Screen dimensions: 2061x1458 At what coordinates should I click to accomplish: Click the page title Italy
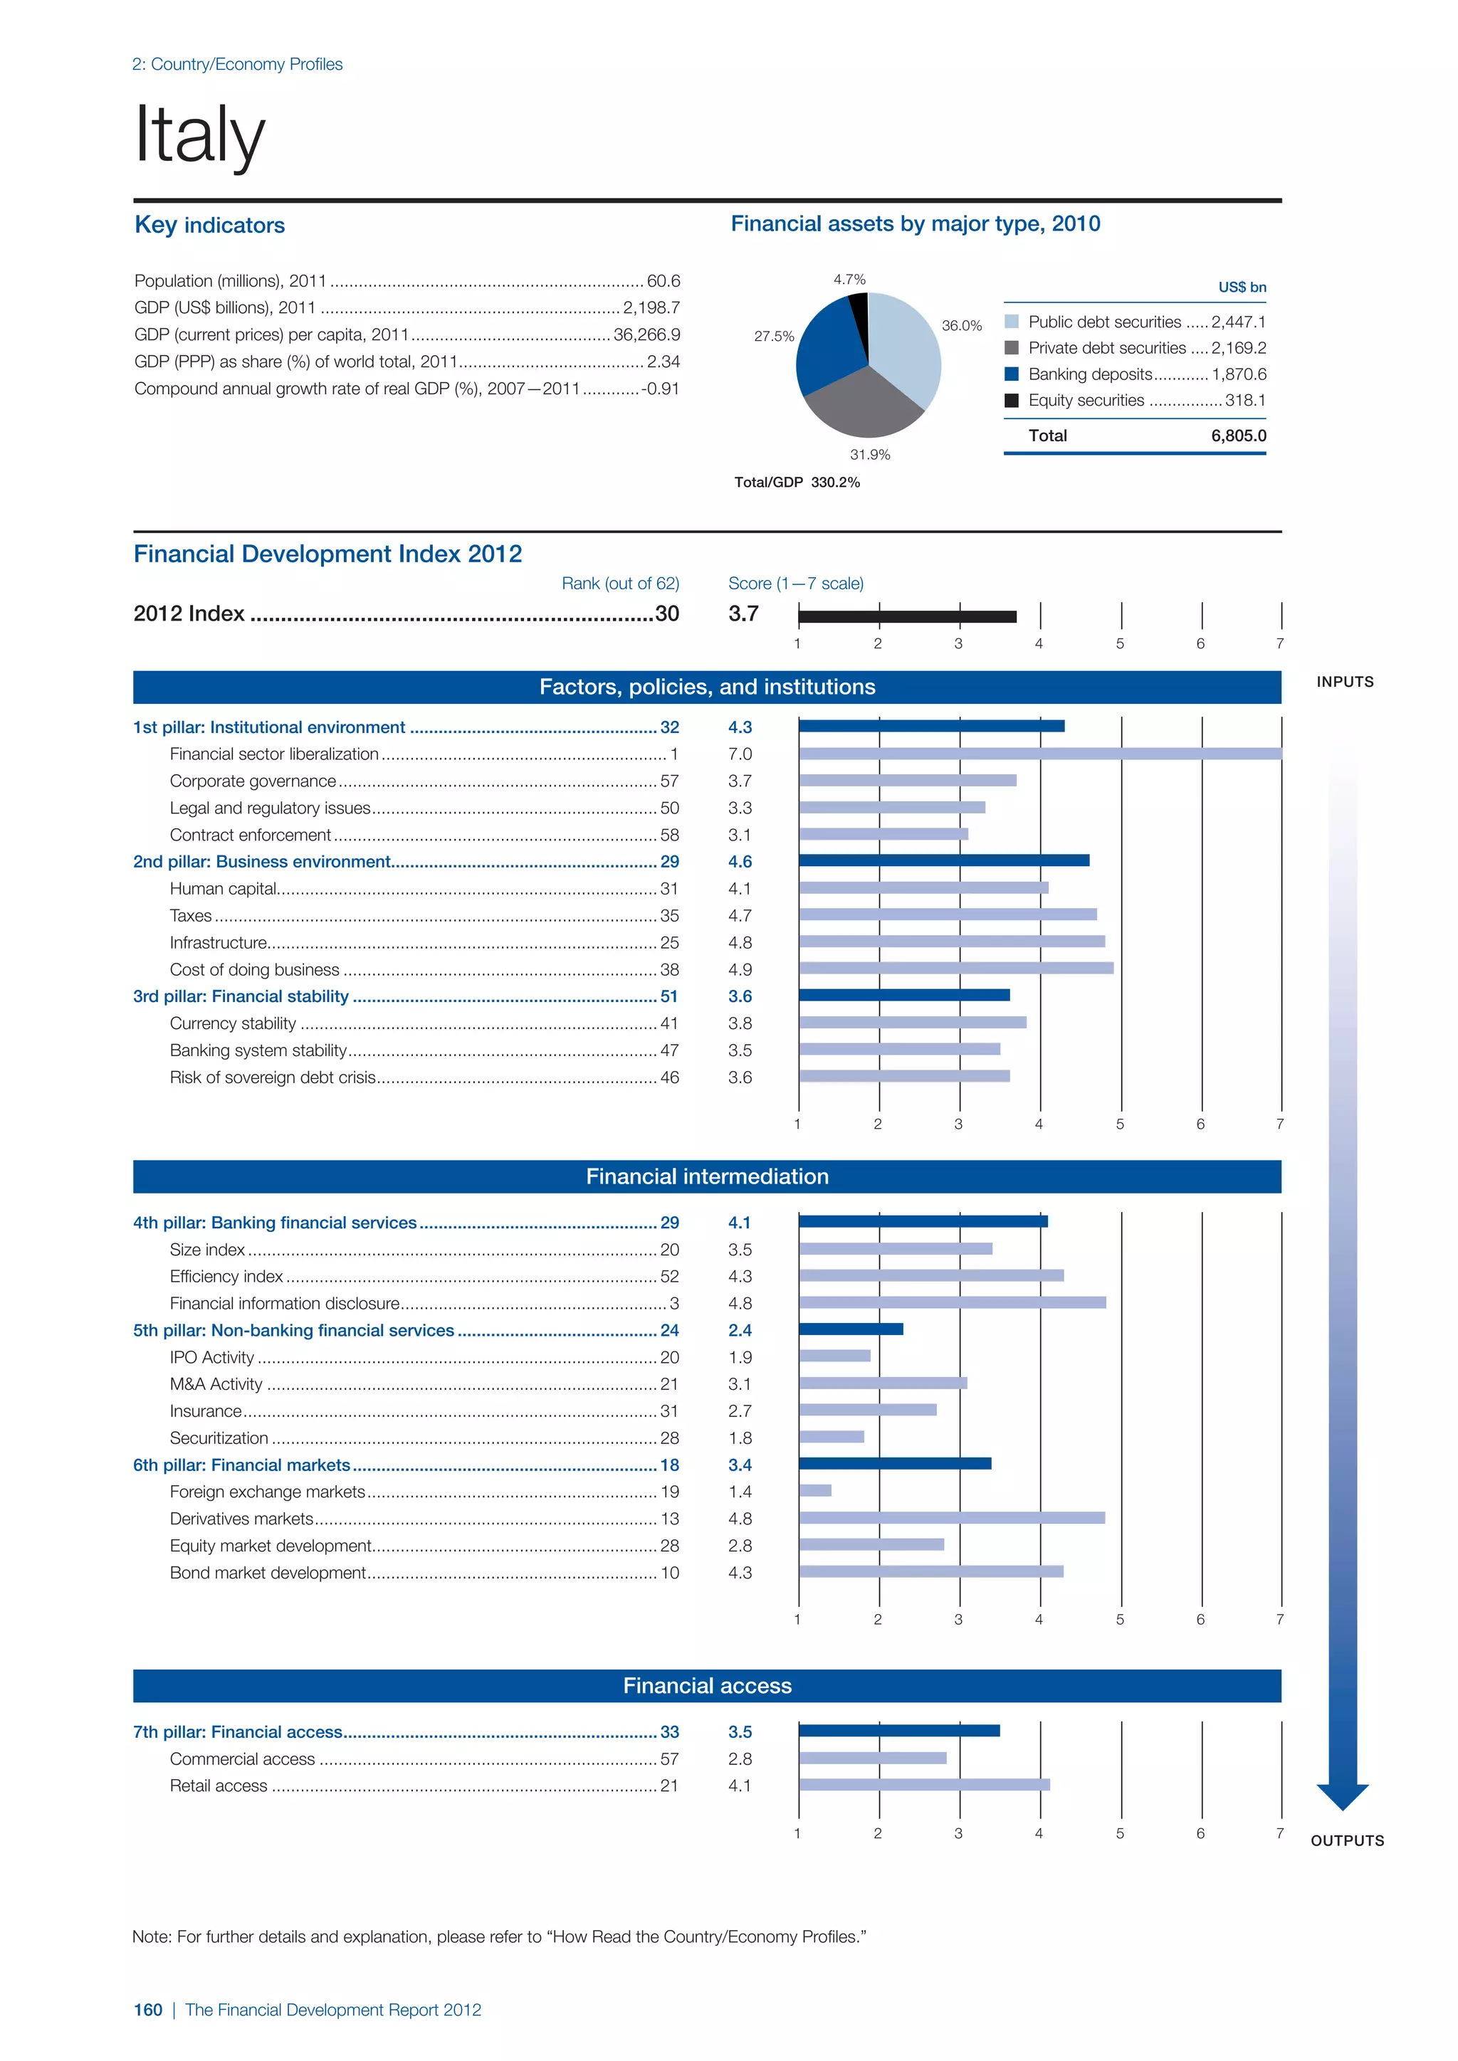[x=199, y=135]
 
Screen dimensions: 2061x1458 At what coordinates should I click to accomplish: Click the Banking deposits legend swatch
[x=1012, y=374]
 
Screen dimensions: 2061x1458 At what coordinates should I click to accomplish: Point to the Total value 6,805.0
[x=1238, y=436]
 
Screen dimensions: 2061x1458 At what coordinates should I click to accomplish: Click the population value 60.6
[x=664, y=281]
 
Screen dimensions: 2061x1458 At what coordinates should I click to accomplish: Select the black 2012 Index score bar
[x=907, y=617]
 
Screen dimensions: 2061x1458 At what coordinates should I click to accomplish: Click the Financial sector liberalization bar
[x=1039, y=754]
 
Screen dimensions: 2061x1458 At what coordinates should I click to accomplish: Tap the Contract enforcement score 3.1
[x=740, y=835]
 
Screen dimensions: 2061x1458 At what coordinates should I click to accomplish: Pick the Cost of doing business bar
[x=956, y=969]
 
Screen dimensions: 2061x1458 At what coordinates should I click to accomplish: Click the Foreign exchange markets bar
[x=815, y=1491]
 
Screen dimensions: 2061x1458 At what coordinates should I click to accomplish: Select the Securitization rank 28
[x=670, y=1438]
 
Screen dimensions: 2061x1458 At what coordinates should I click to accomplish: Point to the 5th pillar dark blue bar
[x=851, y=1329]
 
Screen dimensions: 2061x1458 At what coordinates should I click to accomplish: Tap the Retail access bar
[x=924, y=1786]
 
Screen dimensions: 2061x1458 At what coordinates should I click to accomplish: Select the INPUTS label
[x=1344, y=682]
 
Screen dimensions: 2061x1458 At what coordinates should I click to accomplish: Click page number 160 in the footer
[x=148, y=2010]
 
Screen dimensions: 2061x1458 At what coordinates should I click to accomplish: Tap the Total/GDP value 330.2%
[x=835, y=483]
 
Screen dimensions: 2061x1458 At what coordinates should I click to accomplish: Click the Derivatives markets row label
[x=241, y=1519]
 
